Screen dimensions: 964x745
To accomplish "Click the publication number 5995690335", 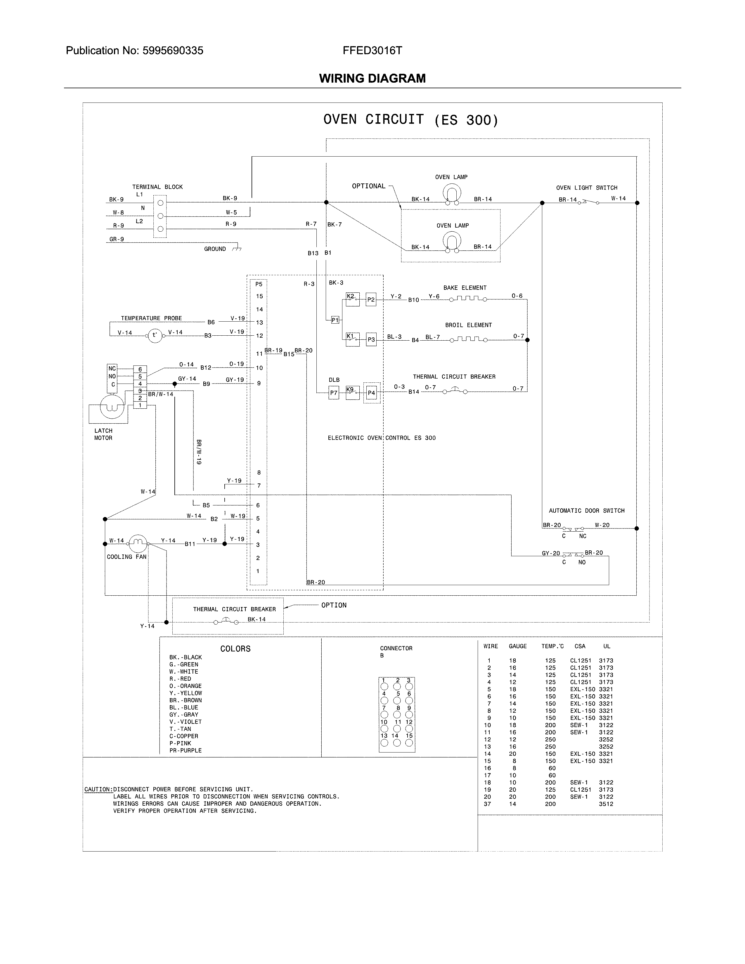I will click(173, 51).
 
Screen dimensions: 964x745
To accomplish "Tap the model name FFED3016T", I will click(372, 51).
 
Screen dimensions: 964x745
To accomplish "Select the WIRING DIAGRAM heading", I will click(372, 79).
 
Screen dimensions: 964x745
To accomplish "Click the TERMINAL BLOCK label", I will click(157, 187).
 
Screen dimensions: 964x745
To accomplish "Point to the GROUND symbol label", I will click(215, 249).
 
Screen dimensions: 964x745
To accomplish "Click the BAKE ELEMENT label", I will click(465, 288).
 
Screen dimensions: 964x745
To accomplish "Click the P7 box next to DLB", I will click(334, 393).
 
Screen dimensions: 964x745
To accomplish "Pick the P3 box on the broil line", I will click(371, 339).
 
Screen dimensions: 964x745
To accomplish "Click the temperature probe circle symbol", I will click(155, 335).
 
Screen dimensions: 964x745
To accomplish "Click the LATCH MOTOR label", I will click(103, 434).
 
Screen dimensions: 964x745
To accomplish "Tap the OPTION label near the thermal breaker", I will click(334, 605).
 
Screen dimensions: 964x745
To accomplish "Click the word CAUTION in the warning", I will click(98, 789).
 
